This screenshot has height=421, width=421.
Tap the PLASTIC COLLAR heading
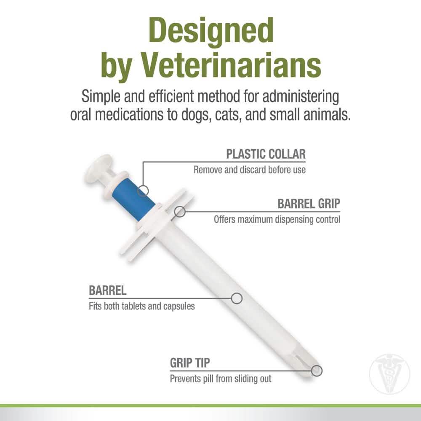click(266, 154)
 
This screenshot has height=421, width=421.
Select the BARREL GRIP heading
click(309, 204)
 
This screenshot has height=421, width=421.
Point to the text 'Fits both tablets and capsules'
click(142, 306)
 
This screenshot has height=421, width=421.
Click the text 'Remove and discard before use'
click(250, 170)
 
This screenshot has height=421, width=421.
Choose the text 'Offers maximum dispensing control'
click(277, 219)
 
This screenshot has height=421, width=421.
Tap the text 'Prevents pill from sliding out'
click(221, 378)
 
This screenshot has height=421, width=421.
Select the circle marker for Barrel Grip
click(180, 211)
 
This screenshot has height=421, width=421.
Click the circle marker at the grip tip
click(317, 371)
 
